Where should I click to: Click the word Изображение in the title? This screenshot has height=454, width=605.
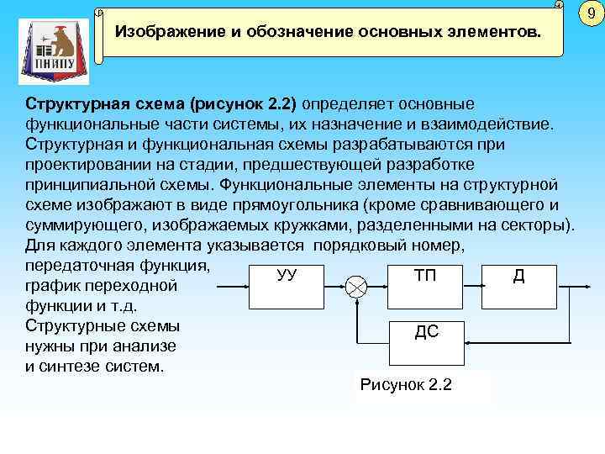(160, 33)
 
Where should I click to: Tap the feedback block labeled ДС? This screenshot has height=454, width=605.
(426, 333)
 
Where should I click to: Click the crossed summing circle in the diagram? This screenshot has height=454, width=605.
(356, 287)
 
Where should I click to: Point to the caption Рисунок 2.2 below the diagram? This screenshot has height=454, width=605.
(405, 385)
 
